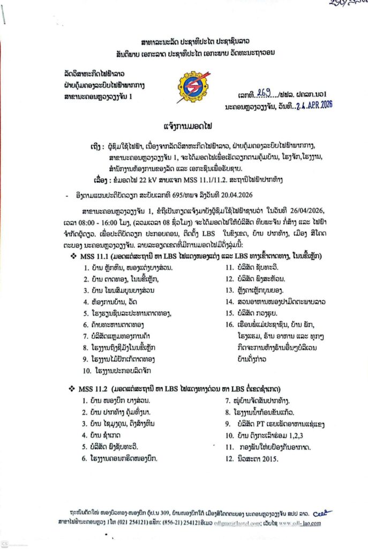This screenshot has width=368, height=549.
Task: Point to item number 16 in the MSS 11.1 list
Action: point(229,324)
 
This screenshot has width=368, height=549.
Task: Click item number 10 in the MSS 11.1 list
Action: point(87,370)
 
